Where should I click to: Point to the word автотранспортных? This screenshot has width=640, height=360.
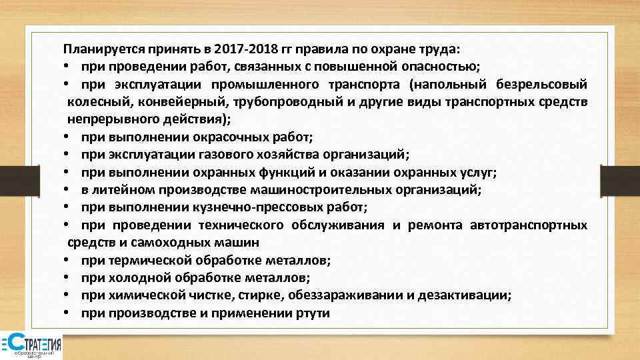[x=529, y=225]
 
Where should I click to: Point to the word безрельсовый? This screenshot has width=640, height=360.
[x=541, y=85]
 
